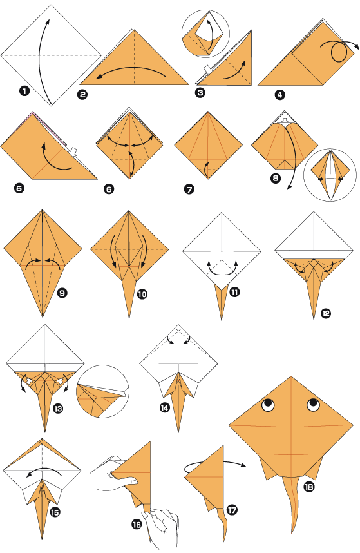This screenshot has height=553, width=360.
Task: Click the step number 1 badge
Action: (24, 91)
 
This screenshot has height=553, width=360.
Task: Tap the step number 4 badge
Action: (279, 95)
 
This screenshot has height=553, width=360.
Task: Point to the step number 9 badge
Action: (62, 293)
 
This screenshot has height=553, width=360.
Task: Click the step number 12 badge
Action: (325, 314)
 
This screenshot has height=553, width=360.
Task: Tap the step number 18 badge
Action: (309, 487)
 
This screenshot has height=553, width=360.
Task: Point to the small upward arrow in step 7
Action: (206, 170)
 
